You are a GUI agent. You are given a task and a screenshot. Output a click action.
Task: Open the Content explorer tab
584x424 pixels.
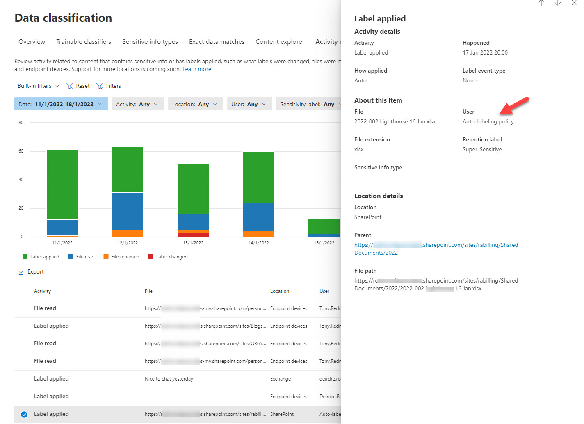point(280,42)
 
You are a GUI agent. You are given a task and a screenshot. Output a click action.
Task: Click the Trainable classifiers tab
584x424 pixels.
point(84,42)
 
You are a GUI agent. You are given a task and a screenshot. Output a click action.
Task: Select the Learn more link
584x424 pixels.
point(197,69)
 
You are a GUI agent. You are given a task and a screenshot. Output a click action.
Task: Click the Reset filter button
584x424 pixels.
point(78,86)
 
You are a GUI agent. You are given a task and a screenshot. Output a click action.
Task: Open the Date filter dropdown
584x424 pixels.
point(61,104)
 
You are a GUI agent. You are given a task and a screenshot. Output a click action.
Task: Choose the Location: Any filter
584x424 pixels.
point(195,104)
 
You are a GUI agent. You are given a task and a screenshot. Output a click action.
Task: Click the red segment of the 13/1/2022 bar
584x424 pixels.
point(193,235)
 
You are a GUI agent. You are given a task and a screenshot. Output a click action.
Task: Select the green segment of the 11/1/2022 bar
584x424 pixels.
point(62,185)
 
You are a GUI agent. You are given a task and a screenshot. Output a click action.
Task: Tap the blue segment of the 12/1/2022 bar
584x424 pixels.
point(128,211)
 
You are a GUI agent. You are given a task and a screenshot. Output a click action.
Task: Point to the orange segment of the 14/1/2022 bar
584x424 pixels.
point(258,234)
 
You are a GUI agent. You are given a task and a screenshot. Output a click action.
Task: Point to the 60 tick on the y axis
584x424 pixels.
point(21,151)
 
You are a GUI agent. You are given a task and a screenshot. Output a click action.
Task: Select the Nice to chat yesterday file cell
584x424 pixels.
point(169,379)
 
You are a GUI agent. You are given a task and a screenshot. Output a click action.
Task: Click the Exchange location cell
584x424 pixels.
point(281,379)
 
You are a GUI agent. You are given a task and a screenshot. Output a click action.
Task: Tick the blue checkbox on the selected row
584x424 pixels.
point(24,414)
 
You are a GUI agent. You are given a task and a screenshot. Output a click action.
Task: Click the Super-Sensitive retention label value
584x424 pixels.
point(482,150)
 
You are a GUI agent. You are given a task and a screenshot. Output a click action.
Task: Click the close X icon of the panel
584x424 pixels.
point(574,3)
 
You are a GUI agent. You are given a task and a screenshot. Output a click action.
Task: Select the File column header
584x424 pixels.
point(148,291)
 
